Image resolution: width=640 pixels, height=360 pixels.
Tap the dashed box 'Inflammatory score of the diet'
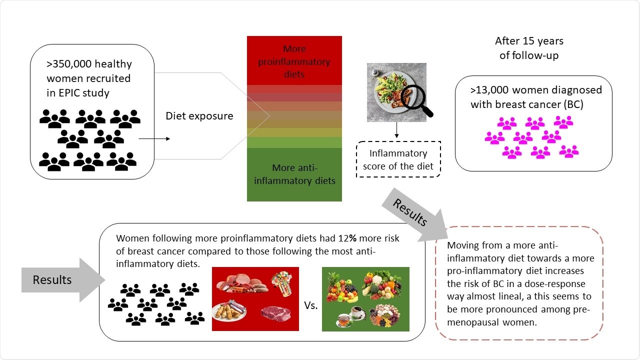(x=398, y=159)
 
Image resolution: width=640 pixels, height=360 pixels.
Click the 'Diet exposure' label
(x=199, y=116)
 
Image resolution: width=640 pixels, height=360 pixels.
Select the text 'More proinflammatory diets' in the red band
(x=294, y=62)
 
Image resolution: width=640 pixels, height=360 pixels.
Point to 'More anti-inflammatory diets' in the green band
(x=294, y=174)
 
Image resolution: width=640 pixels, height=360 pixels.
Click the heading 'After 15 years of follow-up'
(x=528, y=48)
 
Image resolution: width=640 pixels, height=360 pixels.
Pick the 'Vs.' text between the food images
(x=310, y=305)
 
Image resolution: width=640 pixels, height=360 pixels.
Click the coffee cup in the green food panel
(x=357, y=312)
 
